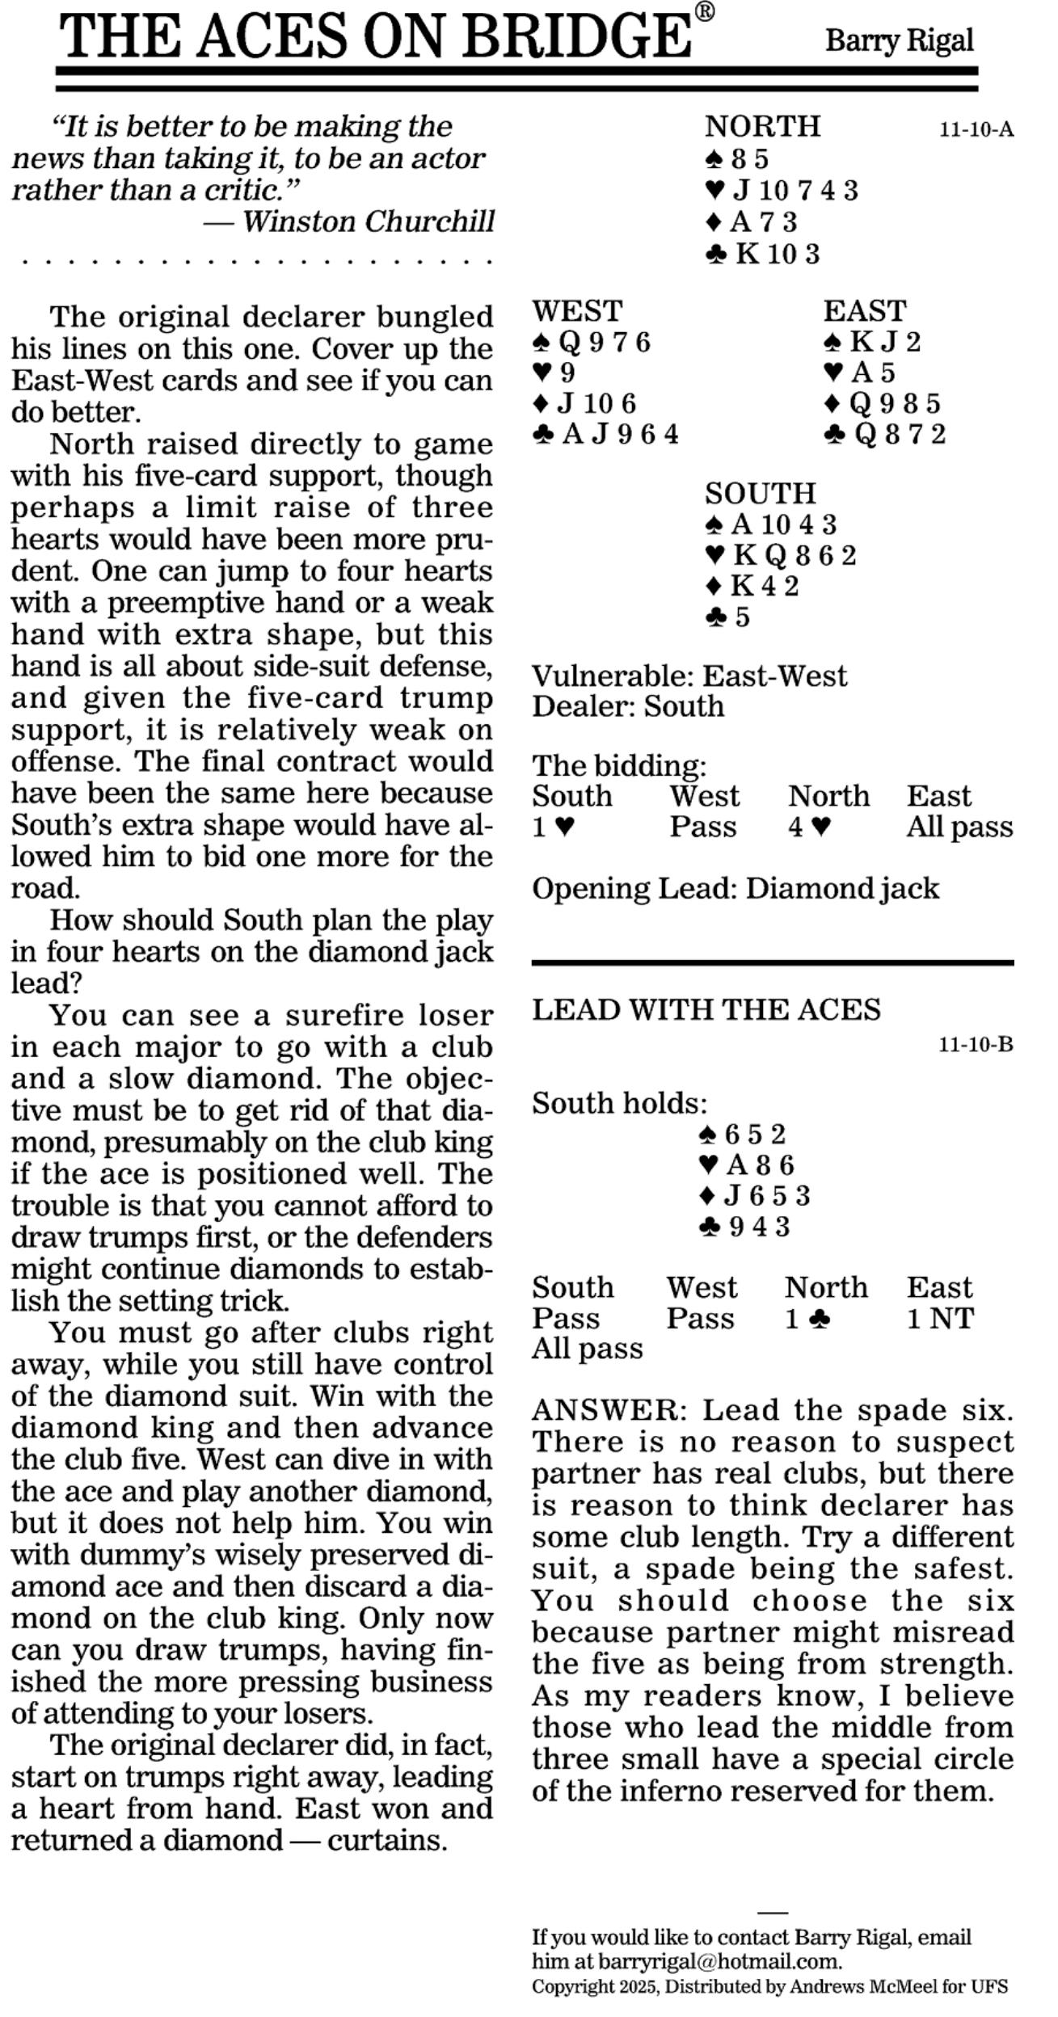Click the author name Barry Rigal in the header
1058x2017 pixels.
tap(899, 40)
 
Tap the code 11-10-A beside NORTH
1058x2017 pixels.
tap(976, 130)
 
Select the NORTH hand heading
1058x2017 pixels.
tap(762, 127)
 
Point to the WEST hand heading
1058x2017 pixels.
tap(577, 311)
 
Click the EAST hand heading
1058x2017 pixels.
tap(865, 311)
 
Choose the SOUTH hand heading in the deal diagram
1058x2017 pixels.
tap(760, 493)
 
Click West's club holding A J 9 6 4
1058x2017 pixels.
tap(605, 435)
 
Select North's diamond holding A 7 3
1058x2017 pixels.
tap(752, 222)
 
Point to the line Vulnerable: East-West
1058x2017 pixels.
tap(689, 676)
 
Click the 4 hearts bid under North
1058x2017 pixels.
tap(809, 827)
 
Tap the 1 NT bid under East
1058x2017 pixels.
tap(939, 1319)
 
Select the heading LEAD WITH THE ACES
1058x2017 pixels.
tap(706, 1009)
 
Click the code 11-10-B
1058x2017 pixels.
tap(975, 1045)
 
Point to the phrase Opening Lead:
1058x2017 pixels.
tap(634, 889)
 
